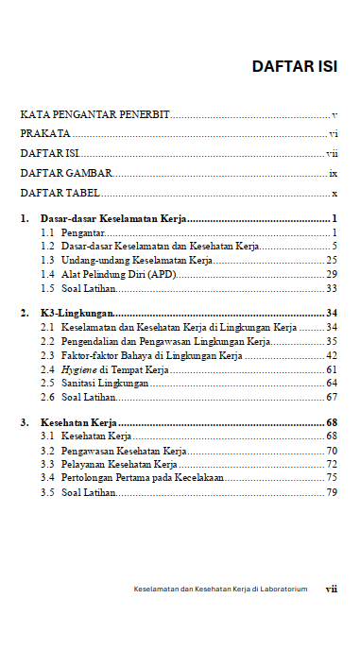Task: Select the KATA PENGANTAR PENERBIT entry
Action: (94, 114)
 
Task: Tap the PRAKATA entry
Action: (44, 134)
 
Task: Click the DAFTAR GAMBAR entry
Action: (66, 174)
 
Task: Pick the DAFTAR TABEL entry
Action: (61, 194)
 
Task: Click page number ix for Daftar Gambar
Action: (334, 174)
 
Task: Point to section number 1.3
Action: (47, 260)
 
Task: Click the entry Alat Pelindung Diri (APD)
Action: (118, 274)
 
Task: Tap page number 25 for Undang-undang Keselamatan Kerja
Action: (332, 260)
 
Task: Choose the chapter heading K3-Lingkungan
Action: (77, 313)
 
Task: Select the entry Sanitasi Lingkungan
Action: (104, 384)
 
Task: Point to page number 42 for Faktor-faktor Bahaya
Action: (332, 355)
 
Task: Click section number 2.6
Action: (47, 398)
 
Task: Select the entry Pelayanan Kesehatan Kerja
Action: (119, 465)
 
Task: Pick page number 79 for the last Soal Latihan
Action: (332, 493)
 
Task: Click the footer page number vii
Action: (332, 589)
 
